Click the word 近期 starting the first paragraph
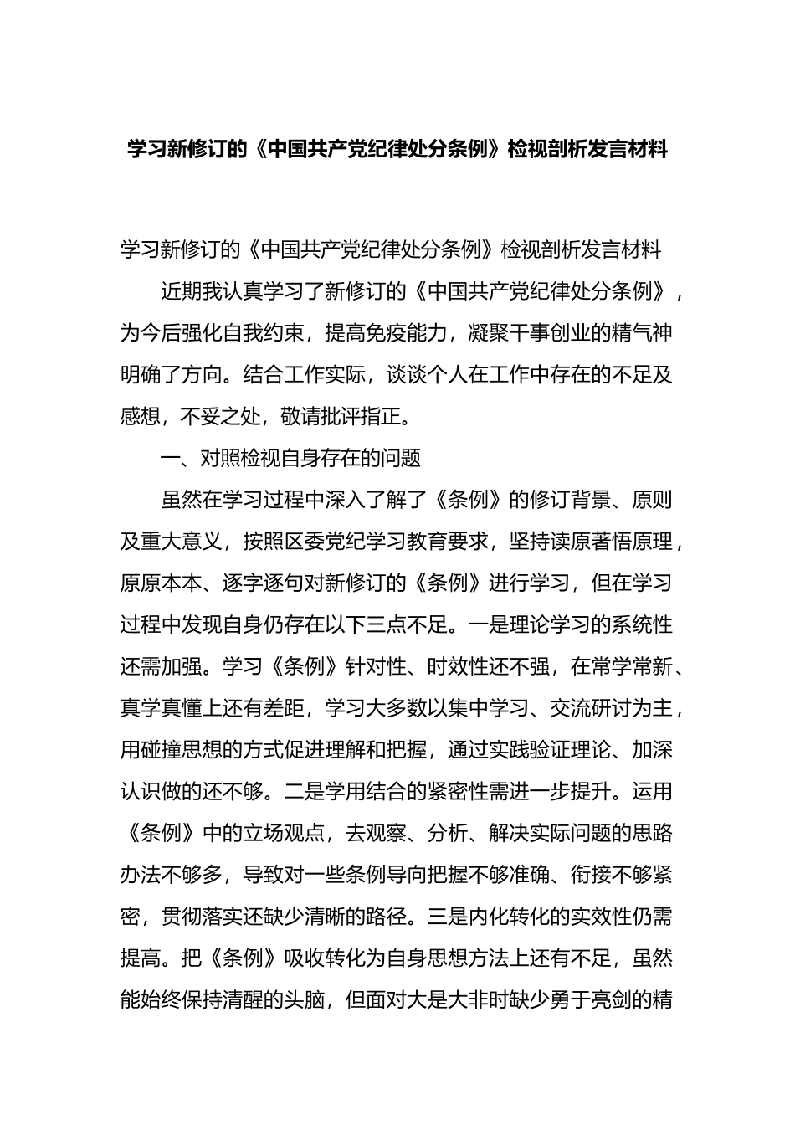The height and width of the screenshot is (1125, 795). click(182, 292)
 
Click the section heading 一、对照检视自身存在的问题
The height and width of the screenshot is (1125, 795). click(290, 458)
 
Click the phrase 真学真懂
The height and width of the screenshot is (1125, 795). click(161, 709)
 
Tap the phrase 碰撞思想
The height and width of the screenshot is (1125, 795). click(182, 751)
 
